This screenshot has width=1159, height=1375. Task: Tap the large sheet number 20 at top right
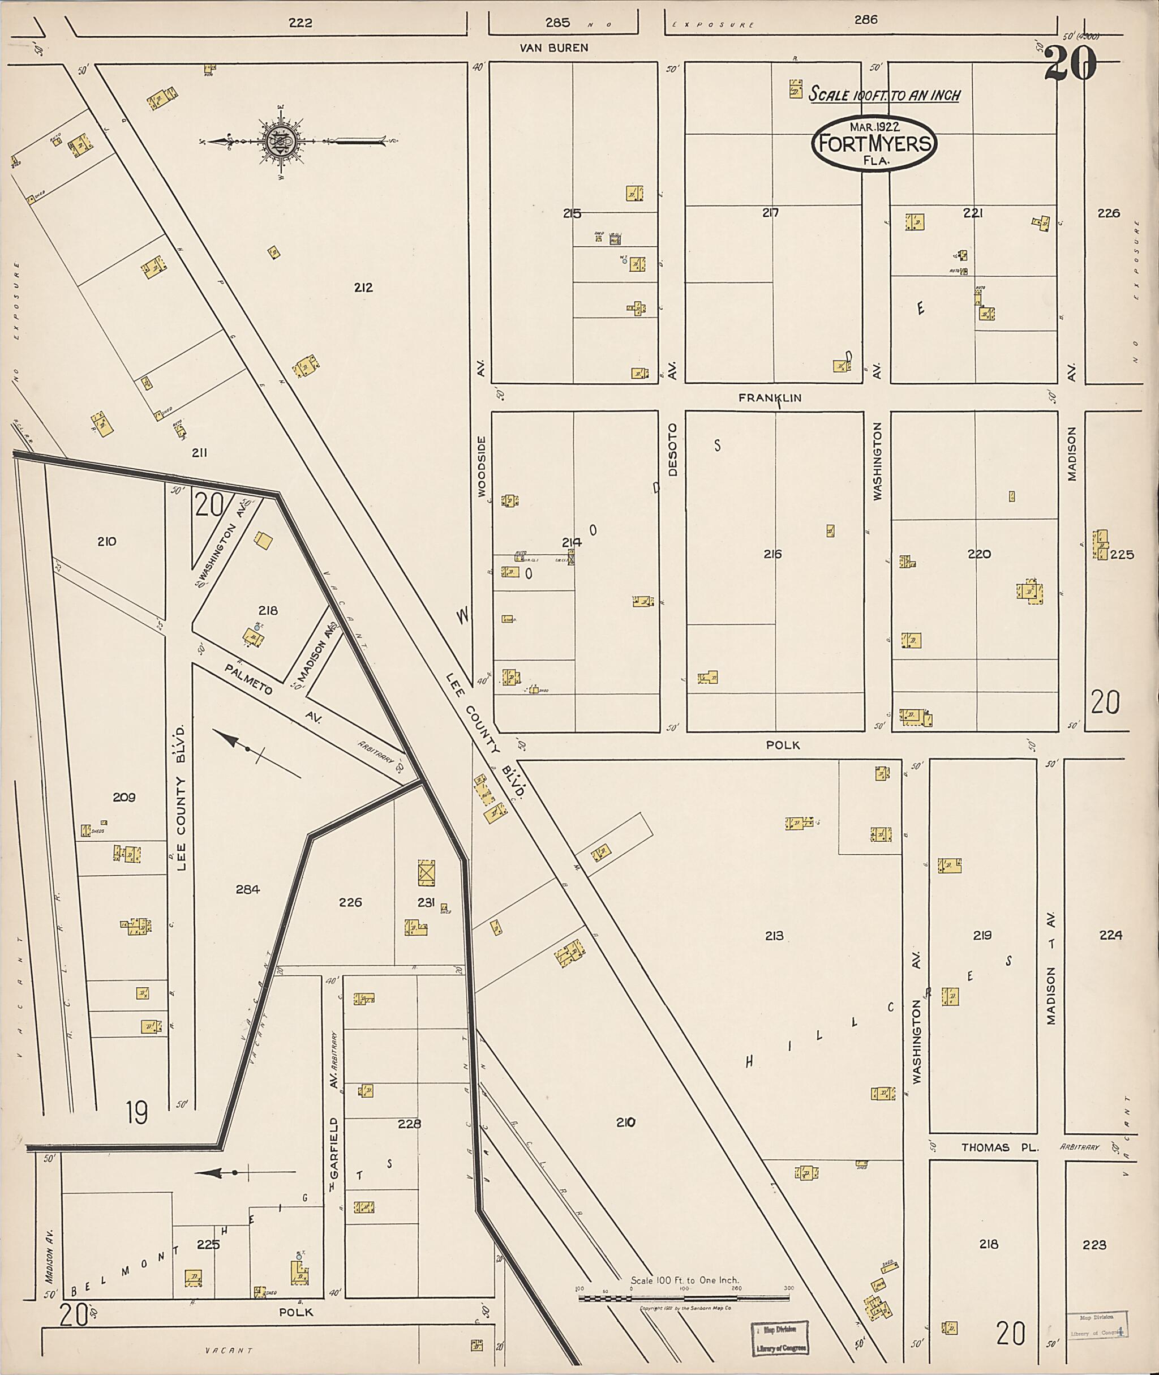click(1070, 65)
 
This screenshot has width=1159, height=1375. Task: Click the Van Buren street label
click(554, 48)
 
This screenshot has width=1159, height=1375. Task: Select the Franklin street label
click(770, 397)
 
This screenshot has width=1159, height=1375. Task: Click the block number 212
click(363, 287)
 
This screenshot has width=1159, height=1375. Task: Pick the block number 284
click(248, 889)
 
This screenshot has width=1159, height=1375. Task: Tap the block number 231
click(426, 902)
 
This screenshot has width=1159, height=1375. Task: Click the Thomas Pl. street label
click(999, 1147)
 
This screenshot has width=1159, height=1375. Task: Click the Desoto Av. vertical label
click(672, 449)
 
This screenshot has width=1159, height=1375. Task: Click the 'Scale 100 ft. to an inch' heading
click(884, 95)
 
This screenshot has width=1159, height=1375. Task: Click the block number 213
click(774, 935)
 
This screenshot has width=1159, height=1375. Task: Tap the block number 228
click(409, 1123)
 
